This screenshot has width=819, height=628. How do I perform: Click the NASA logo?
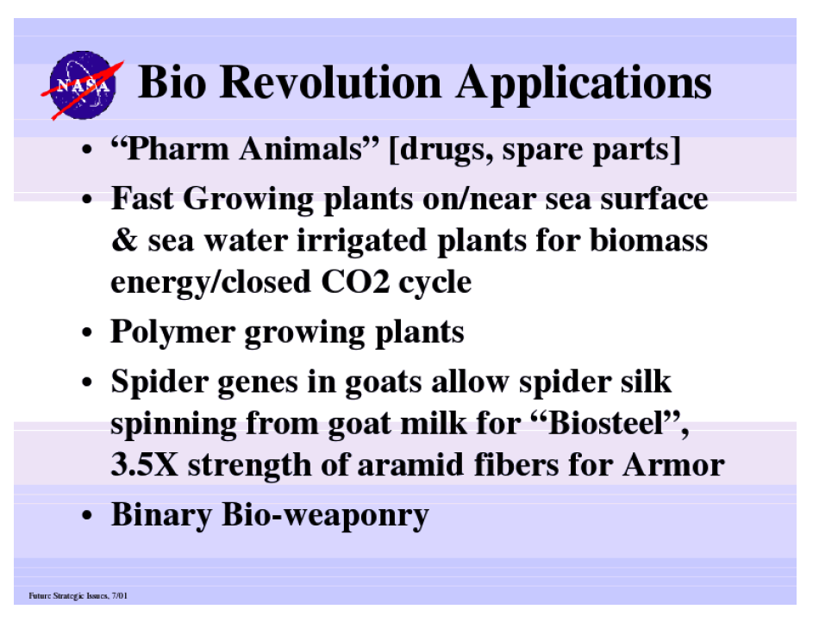[83, 85]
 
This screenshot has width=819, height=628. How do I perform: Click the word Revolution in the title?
[331, 82]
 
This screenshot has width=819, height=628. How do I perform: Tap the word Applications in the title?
[584, 84]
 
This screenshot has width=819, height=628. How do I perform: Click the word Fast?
[141, 199]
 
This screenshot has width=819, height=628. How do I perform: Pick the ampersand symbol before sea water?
[124, 240]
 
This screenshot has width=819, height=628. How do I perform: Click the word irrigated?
[361, 242]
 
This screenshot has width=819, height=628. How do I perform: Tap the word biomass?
[648, 240]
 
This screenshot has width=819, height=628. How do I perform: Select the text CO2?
[355, 283]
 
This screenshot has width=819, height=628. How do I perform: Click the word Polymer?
[173, 333]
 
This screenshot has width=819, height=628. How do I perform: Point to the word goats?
[383, 382]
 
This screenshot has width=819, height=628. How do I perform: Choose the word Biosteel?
[610, 423]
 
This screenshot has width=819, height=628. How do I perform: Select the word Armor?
[673, 464]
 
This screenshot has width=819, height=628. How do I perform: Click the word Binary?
[161, 516]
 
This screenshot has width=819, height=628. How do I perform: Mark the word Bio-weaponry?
[325, 516]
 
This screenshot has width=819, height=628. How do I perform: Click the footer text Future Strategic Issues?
[68, 595]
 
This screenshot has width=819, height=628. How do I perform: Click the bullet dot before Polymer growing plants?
[87, 333]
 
